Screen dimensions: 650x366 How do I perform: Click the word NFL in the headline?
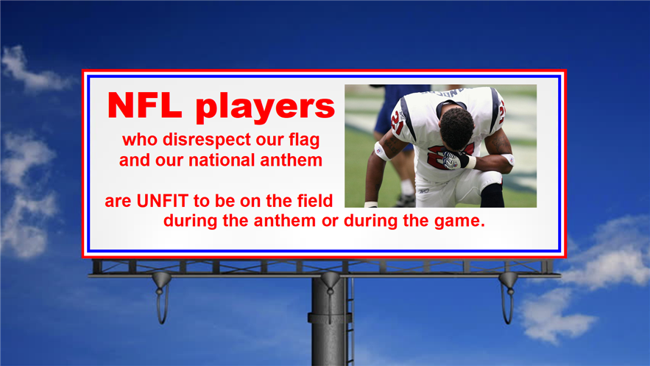pos(145,105)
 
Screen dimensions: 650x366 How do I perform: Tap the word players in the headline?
pos(265,108)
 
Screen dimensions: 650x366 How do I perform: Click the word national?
pos(222,161)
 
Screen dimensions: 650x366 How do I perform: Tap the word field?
pos(314,200)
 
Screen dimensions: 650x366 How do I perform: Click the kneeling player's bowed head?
pos(456,129)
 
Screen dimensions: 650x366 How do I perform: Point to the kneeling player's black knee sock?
pos(492,195)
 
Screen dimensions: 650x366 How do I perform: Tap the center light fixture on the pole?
pos(331,284)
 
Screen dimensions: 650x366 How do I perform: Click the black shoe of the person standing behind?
pos(406,201)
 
